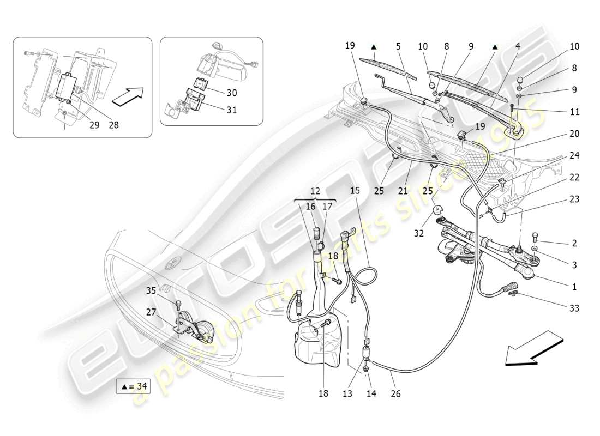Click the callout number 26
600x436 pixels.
pos(395,393)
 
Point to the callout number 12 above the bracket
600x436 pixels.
pos(316,191)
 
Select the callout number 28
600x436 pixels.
pos(113,124)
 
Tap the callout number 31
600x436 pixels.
pos(232,110)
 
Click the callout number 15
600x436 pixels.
pos(355,191)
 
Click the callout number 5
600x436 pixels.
pos(399,47)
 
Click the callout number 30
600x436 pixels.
pos(232,92)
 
